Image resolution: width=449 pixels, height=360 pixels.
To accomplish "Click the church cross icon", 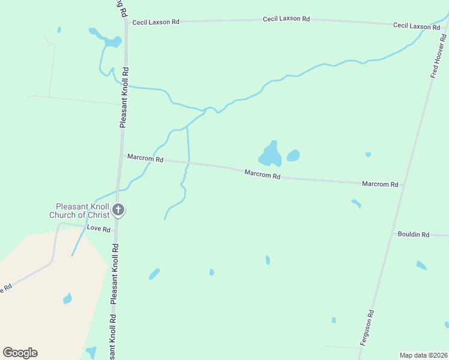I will click(x=118, y=210).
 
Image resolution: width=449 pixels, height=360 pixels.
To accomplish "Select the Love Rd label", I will click(x=98, y=229).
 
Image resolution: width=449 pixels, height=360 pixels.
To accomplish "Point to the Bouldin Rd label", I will click(x=413, y=235).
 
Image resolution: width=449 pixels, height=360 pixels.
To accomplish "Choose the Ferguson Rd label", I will click(x=367, y=327).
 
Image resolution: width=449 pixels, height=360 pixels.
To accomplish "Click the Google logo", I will click(x=20, y=353).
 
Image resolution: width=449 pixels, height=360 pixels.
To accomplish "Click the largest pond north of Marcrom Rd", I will click(x=270, y=155).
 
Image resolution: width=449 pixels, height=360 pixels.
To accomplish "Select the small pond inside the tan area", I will click(x=67, y=298).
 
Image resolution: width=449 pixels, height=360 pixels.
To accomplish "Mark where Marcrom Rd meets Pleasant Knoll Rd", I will click(x=123, y=156).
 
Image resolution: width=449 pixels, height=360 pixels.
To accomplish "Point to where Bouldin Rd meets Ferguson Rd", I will click(x=391, y=233).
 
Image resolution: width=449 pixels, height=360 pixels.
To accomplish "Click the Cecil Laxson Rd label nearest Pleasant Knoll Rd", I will click(x=156, y=22).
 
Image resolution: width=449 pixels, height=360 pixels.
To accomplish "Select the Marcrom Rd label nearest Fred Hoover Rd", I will click(x=380, y=184).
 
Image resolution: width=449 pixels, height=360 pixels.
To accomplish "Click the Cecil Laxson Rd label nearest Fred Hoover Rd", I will click(x=417, y=26).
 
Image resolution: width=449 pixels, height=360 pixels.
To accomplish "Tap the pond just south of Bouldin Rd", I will click(x=421, y=265).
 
